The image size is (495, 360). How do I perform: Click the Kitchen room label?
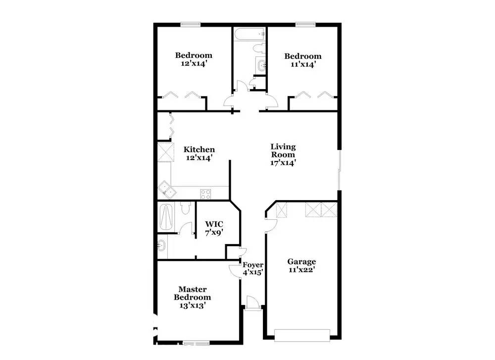tap(199, 150)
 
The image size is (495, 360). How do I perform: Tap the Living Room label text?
tap(283, 151)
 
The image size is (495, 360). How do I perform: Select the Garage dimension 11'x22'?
tap(302, 270)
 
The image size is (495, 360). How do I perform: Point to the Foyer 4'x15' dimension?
tap(253, 272)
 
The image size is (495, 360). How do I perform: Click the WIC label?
tap(214, 224)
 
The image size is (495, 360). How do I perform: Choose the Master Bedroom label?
tap(192, 293)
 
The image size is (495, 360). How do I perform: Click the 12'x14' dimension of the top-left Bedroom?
tap(194, 63)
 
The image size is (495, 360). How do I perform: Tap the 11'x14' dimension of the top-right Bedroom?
tap(303, 64)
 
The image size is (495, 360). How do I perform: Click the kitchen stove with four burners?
tap(205, 194)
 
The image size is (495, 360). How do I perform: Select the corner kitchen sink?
tap(167, 190)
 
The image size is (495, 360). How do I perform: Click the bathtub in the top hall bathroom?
tap(249, 34)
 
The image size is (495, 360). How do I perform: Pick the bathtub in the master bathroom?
tap(166, 217)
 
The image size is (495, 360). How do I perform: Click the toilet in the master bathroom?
tap(185, 208)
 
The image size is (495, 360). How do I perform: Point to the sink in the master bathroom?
tap(161, 245)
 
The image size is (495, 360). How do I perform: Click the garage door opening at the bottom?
tap(302, 335)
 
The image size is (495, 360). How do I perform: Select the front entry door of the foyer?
tap(252, 304)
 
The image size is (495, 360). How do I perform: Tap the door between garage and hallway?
tap(271, 225)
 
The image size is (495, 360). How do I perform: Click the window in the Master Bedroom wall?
tap(197, 343)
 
